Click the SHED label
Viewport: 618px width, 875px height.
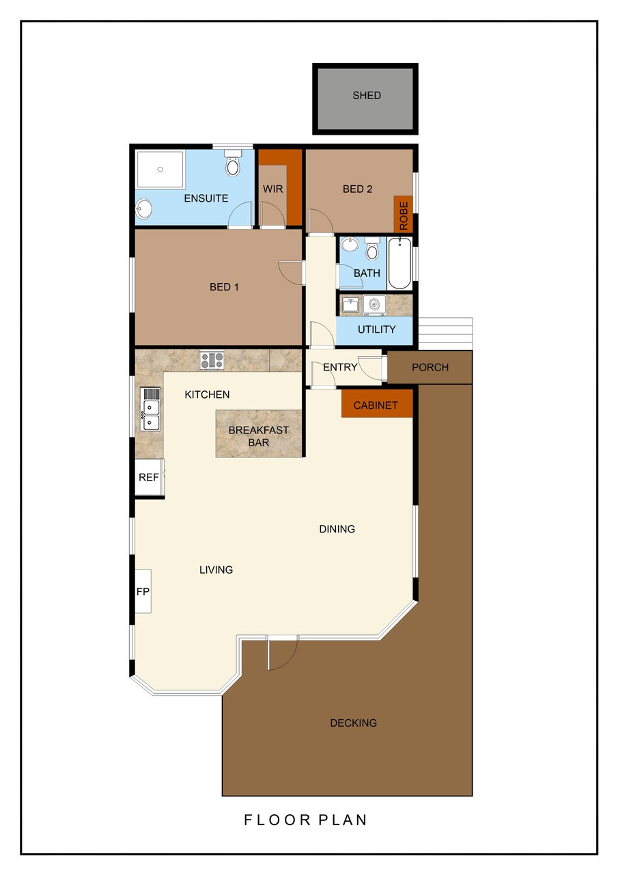tap(366, 95)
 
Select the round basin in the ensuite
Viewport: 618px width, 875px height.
tap(144, 209)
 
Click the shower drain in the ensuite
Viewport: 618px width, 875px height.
tap(160, 169)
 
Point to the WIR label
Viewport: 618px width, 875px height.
tap(272, 189)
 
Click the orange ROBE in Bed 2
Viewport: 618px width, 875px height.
tap(403, 214)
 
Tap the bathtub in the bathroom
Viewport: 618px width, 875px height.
tap(399, 264)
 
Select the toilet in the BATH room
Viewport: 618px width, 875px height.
tap(372, 248)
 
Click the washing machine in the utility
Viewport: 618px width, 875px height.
tap(374, 305)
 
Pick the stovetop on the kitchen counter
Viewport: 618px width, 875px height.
tap(212, 360)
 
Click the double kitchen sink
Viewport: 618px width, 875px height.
tap(150, 409)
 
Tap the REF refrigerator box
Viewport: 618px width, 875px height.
tap(150, 477)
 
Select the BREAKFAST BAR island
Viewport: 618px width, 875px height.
tap(259, 433)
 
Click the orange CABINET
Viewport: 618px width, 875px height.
tap(377, 403)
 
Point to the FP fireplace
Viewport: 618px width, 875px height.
tap(143, 591)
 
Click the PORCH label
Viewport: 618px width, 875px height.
tap(430, 367)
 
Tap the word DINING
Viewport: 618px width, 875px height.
tap(337, 529)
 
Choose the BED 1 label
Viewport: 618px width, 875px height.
tap(224, 287)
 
